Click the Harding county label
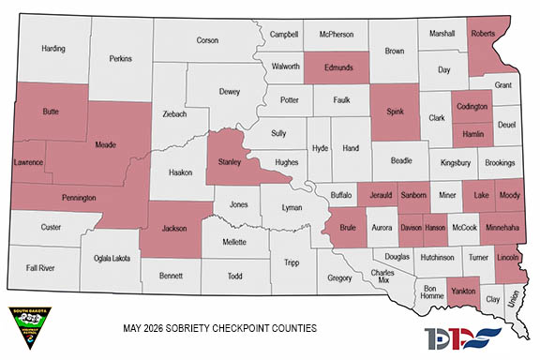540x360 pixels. (x=53, y=48)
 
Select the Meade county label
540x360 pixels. (x=105, y=144)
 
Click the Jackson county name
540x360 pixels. (x=175, y=228)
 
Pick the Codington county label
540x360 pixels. (x=471, y=107)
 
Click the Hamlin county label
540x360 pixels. (x=472, y=134)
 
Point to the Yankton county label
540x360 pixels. (x=462, y=291)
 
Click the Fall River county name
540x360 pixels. (x=40, y=268)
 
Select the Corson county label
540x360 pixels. (x=207, y=40)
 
